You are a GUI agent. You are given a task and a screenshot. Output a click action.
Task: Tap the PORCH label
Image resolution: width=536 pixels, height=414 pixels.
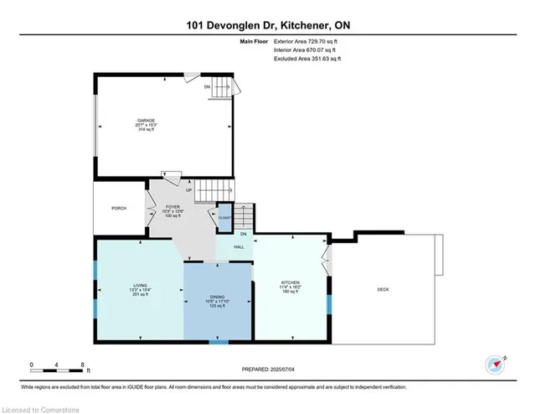[x=118, y=208]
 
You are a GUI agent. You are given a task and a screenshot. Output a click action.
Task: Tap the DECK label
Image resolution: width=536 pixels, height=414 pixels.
[x=383, y=289]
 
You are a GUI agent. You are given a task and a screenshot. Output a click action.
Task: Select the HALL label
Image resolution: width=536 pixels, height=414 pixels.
[x=239, y=247]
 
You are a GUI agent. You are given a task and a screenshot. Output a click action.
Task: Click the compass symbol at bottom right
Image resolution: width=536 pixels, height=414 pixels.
[x=495, y=365]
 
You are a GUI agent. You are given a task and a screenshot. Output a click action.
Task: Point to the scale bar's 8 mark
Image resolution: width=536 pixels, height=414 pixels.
[x=83, y=365]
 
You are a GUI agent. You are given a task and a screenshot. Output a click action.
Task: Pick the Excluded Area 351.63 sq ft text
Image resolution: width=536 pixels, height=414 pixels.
[x=310, y=59]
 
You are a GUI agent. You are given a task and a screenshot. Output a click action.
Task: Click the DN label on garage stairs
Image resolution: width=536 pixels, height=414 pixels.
[x=207, y=85]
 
